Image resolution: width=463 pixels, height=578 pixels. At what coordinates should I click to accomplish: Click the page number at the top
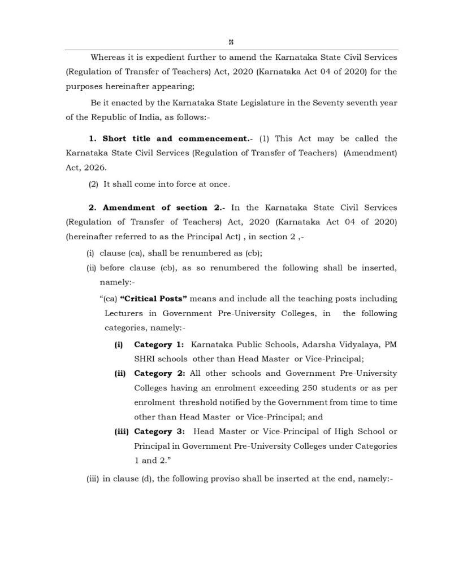tap(231, 42)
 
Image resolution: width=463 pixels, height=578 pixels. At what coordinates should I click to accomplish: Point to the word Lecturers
tap(123, 313)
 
